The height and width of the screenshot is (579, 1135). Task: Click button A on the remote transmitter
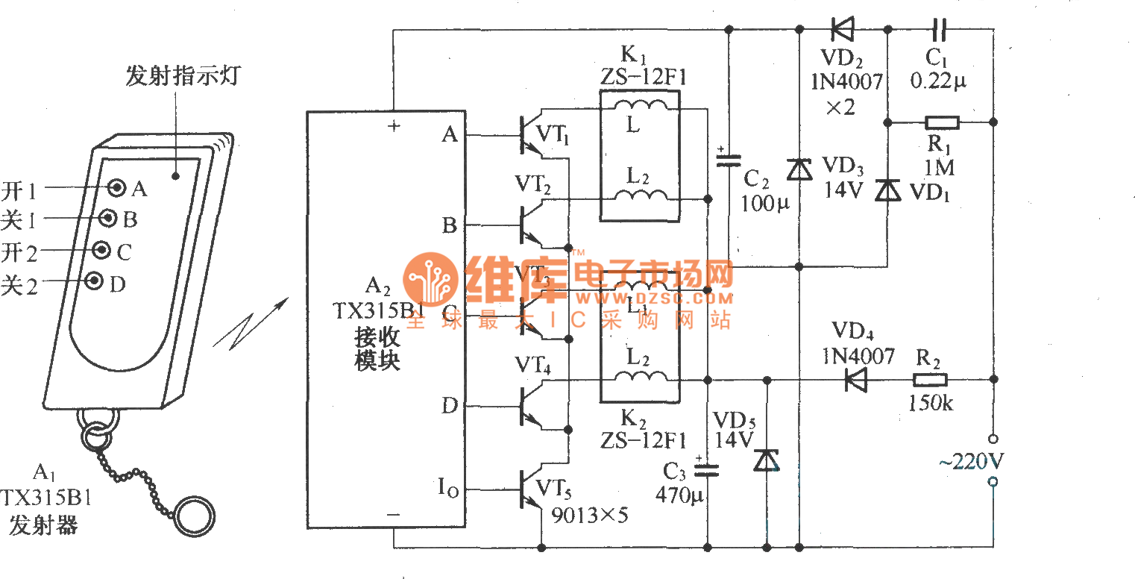[x=116, y=187]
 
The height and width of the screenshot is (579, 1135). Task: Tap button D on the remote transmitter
[x=95, y=281]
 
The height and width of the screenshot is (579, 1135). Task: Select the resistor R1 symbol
[x=941, y=122]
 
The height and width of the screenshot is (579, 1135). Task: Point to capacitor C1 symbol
[x=940, y=30]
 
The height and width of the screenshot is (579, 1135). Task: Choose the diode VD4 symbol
[x=858, y=379]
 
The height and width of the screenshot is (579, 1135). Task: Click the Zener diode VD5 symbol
[x=766, y=461]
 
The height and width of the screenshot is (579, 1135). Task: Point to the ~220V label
[x=971, y=462]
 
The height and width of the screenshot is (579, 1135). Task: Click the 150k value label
[x=930, y=404]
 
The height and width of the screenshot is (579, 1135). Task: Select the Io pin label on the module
[x=447, y=491]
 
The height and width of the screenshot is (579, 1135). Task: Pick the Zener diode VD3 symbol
[x=799, y=171]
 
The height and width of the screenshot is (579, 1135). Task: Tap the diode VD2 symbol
[x=843, y=30]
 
